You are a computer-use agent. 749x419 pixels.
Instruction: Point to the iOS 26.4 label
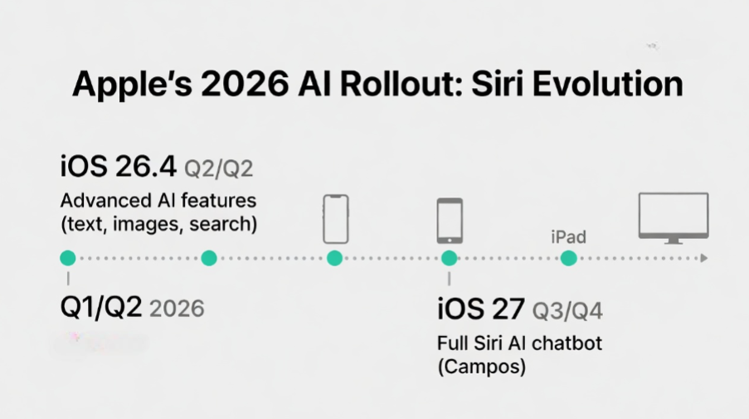point(118,167)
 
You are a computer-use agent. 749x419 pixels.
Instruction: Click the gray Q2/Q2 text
point(218,168)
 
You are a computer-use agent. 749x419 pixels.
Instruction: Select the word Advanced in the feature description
point(100,201)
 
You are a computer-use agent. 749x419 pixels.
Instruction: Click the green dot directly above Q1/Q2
point(68,258)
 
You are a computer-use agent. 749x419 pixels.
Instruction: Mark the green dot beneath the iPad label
point(568,258)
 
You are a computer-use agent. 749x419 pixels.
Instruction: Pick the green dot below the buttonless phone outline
point(334,258)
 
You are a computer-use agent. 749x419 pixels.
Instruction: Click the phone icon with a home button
point(450,220)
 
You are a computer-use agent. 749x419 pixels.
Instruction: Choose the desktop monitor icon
point(673,217)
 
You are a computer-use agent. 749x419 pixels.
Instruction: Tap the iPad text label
point(568,237)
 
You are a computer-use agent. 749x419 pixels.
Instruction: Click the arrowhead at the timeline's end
point(703,258)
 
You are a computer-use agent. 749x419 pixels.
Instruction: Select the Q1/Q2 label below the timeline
point(101,308)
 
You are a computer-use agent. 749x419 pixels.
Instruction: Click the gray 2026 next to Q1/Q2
point(177,309)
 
